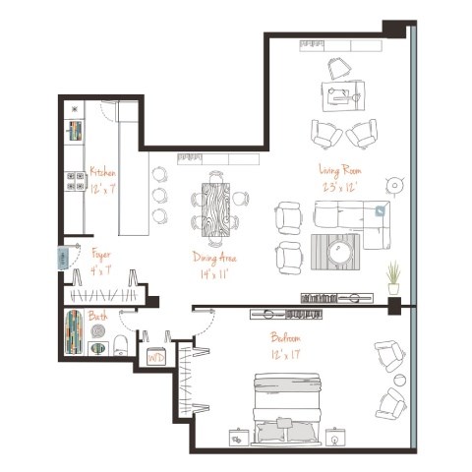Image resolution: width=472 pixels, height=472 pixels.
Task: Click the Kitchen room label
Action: coord(102,172)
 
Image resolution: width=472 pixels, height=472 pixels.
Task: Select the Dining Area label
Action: coord(216,259)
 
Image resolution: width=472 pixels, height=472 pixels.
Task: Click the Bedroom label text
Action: coord(286,336)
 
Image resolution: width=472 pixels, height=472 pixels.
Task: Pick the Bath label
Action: coord(98,317)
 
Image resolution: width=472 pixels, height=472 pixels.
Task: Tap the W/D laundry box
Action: coord(155,358)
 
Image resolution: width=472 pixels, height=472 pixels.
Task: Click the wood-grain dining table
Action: coord(216,206)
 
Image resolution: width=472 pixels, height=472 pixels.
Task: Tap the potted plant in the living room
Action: coord(393,276)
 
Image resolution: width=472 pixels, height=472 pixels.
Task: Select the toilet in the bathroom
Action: coord(118,344)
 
